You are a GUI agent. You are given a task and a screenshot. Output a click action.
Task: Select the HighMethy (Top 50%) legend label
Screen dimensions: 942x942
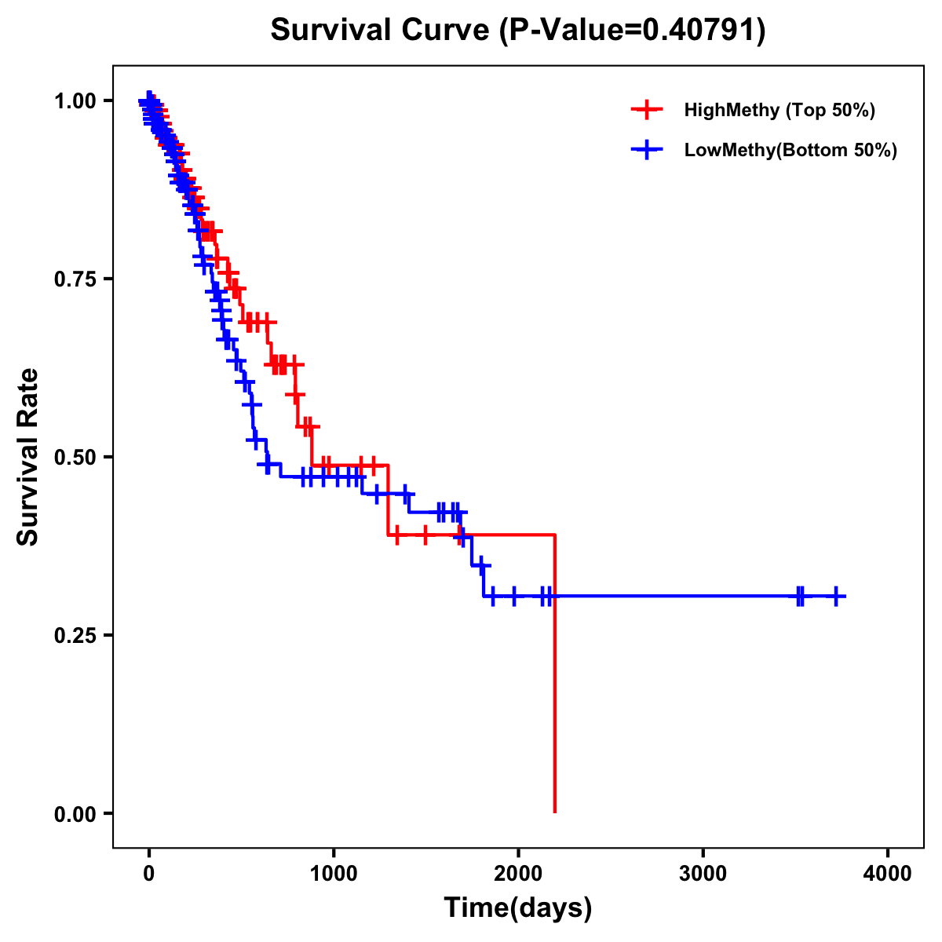click(x=779, y=110)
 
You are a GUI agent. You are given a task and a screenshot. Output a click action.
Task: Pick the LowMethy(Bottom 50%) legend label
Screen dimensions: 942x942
click(x=790, y=150)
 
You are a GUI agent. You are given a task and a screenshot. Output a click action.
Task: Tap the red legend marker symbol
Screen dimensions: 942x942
click(x=646, y=110)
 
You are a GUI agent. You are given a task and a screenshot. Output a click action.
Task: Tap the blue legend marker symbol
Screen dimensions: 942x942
click(x=646, y=150)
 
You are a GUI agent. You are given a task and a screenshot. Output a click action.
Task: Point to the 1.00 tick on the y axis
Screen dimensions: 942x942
click(x=75, y=100)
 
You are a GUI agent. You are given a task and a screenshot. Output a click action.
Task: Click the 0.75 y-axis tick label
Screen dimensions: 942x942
click(x=75, y=279)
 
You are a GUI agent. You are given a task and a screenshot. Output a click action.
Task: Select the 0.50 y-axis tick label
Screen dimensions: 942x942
click(x=75, y=457)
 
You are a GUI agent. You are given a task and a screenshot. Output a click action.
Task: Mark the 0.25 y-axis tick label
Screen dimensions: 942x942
click(x=75, y=635)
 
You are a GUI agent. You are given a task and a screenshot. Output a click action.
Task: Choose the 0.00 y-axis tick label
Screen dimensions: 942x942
click(x=75, y=813)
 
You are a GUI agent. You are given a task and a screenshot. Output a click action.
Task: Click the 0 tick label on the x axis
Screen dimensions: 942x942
click(x=148, y=874)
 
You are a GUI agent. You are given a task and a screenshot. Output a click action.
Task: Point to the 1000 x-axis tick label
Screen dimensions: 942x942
click(x=334, y=874)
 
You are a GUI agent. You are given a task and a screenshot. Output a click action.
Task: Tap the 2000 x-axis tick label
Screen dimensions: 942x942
click(x=518, y=874)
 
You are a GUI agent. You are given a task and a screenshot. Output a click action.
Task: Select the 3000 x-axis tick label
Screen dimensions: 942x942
click(x=703, y=874)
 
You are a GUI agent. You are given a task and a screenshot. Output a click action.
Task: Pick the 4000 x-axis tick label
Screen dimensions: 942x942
click(x=888, y=874)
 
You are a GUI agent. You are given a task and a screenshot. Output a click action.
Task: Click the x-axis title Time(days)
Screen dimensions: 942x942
click(x=518, y=908)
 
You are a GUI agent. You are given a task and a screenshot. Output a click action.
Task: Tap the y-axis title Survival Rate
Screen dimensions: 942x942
click(x=28, y=456)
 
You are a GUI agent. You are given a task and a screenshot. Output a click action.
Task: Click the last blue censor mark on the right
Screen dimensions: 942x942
click(x=836, y=597)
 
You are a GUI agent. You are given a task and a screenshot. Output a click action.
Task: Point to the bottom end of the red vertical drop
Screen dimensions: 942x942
click(x=555, y=812)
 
